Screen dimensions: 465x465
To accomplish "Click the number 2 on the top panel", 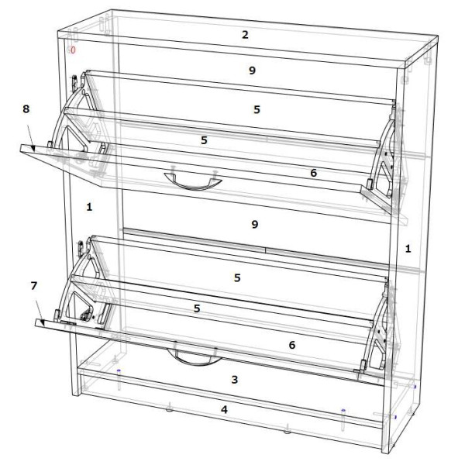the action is tap(245, 35).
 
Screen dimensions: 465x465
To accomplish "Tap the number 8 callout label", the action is tap(26, 108).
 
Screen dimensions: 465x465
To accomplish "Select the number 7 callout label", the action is tap(34, 285).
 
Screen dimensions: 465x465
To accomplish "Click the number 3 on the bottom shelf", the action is tap(235, 379).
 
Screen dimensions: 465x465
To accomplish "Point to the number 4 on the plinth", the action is tap(224, 409).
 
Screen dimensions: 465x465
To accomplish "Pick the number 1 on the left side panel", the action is tap(89, 207).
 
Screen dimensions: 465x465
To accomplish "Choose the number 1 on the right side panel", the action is tap(408, 249).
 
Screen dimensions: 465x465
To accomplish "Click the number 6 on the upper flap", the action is tap(313, 173).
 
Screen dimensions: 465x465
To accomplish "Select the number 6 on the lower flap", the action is tap(292, 345).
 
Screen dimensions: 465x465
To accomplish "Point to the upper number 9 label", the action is tap(252, 71).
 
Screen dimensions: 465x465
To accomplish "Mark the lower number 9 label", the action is tap(255, 224).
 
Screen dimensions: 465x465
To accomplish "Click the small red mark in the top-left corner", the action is tap(72, 50).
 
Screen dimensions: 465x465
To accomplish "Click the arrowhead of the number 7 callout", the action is tap(42, 322).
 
